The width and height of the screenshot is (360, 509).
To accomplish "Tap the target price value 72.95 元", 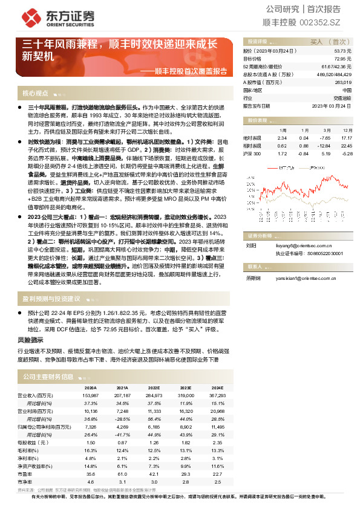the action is coord(342,59).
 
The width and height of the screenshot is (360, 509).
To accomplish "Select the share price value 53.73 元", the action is coord(342,52).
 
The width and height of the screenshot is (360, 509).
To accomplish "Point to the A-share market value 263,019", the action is coord(342,82).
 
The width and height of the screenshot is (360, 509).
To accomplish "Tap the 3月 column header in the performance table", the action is coord(326,130).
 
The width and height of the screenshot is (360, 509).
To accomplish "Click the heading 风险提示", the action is coord(29,341).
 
